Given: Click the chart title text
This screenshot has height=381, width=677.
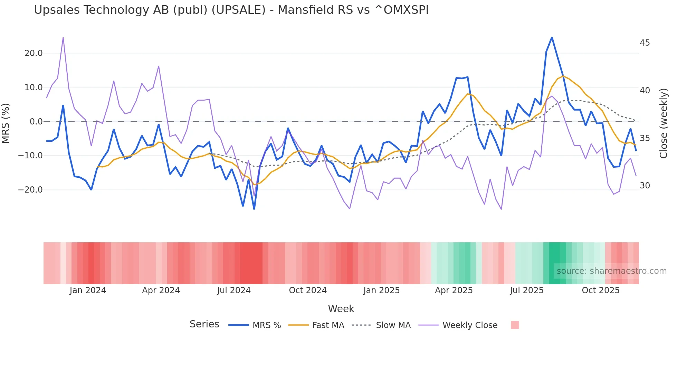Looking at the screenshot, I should [231, 10].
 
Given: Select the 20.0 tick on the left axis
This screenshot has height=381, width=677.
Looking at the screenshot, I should [34, 53].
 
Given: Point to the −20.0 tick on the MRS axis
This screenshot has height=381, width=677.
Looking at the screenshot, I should [30, 190].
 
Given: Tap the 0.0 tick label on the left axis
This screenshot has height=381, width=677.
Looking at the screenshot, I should [36, 122].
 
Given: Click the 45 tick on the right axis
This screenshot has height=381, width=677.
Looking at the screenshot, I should [645, 43].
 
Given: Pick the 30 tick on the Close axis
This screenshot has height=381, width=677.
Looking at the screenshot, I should [645, 186].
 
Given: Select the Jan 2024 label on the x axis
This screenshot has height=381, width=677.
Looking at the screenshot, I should [88, 290].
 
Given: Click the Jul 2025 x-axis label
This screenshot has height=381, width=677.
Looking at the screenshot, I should [526, 290].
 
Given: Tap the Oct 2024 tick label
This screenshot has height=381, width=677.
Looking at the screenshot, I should [308, 290].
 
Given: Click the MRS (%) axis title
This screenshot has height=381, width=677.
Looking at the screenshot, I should [6, 123].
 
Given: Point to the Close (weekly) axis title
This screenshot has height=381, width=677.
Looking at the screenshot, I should [664, 123].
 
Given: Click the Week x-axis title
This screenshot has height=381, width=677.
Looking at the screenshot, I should [341, 309].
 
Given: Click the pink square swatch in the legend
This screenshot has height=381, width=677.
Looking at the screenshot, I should [515, 325].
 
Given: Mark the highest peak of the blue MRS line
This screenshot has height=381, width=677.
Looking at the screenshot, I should [552, 37].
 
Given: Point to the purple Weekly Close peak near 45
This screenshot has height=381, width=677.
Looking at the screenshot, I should [63, 37].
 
